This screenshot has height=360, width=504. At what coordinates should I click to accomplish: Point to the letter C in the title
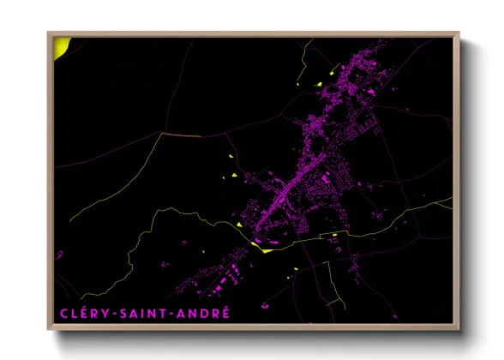(63, 313)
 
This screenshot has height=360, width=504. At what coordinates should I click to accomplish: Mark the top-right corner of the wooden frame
(459, 33)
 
